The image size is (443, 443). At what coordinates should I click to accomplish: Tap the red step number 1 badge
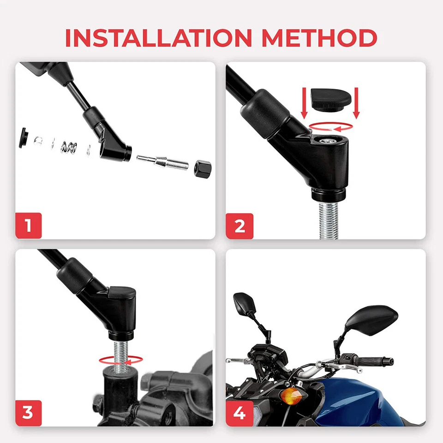pyautogui.click(x=29, y=226)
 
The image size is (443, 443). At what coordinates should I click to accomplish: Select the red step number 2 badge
pyautogui.click(x=239, y=226)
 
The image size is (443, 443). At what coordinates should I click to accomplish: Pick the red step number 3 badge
pyautogui.click(x=29, y=413)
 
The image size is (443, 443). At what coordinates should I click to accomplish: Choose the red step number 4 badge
pyautogui.click(x=239, y=413)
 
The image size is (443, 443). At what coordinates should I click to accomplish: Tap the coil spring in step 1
pyautogui.click(x=68, y=148)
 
